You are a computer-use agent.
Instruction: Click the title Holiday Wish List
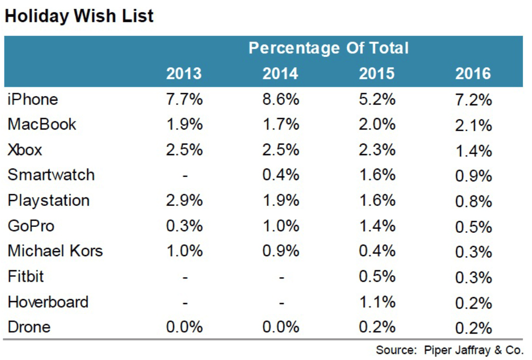[79, 16]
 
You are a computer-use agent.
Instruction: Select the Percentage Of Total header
[328, 48]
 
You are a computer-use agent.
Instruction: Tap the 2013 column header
[184, 74]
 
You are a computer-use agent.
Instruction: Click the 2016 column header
[473, 74]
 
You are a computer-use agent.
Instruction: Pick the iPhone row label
[33, 99]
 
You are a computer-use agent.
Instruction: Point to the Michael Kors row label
[55, 251]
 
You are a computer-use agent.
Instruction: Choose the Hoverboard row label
[48, 302]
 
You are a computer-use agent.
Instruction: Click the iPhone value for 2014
[281, 99]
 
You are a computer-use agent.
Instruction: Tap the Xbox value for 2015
[377, 150]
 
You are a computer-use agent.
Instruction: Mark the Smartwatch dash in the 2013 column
[184, 176]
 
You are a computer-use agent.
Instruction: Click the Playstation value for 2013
[184, 200]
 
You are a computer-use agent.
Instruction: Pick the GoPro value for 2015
[377, 226]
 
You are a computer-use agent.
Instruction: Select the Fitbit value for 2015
[377, 276]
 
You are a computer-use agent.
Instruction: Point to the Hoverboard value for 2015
[377, 302]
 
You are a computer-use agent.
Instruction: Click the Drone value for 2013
[184, 327]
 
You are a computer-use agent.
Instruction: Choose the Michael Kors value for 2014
[281, 251]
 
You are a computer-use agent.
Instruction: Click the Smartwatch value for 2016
[473, 176]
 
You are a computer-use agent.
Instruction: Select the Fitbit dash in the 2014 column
[281, 277]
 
